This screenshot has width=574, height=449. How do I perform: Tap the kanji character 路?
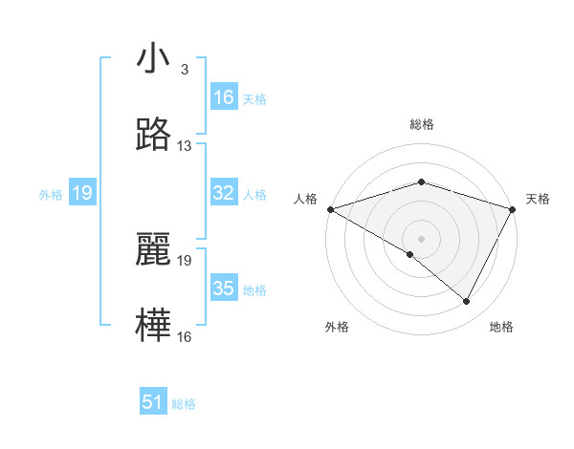pos(153,136)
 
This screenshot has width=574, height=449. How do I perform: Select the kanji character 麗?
pos(153,251)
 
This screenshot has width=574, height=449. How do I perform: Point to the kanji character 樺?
pos(153,325)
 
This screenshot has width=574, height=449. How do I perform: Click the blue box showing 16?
pos(224,97)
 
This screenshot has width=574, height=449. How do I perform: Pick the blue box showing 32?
pos(224,194)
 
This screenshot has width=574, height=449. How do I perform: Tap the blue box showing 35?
pos(224,289)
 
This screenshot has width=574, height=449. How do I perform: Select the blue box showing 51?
pos(153,402)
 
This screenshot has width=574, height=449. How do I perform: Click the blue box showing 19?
pos(82,194)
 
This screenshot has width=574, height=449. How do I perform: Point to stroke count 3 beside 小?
pos(184,71)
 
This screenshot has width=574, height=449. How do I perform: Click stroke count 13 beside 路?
pos(185,146)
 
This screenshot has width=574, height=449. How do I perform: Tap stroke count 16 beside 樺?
pos(185,336)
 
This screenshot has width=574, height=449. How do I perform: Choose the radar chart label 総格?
pos(421,124)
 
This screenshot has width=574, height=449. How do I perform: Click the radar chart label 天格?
pos(538,199)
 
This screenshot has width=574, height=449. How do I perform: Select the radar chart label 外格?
pos(337,327)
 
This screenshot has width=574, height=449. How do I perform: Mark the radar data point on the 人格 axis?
pos(330,208)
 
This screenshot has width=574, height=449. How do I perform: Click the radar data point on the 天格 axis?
pos(513,208)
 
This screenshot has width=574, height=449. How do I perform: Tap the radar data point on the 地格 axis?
pos(467,302)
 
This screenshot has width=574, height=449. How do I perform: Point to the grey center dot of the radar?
pos(421,238)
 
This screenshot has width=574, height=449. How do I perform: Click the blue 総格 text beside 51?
pos(184,404)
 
